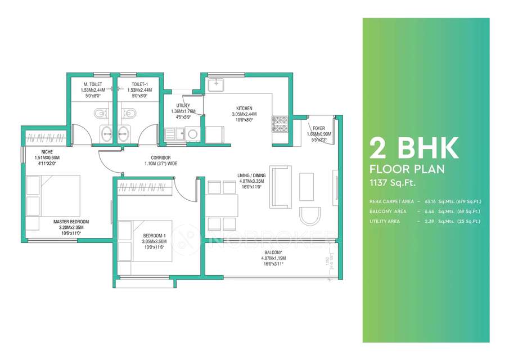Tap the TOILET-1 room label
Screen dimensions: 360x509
(x=136, y=84)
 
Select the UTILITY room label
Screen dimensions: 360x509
(x=183, y=105)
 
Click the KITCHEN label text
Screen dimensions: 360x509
(x=244, y=108)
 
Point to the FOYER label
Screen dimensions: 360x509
(x=319, y=128)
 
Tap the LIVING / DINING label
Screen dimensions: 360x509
(x=251, y=176)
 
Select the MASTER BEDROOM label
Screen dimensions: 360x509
(x=71, y=222)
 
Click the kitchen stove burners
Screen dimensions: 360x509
(x=280, y=123)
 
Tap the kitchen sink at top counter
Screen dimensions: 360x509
(x=216, y=85)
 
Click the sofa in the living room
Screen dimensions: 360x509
(x=280, y=186)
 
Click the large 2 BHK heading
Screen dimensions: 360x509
(x=413, y=148)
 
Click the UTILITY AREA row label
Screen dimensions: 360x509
(x=385, y=222)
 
